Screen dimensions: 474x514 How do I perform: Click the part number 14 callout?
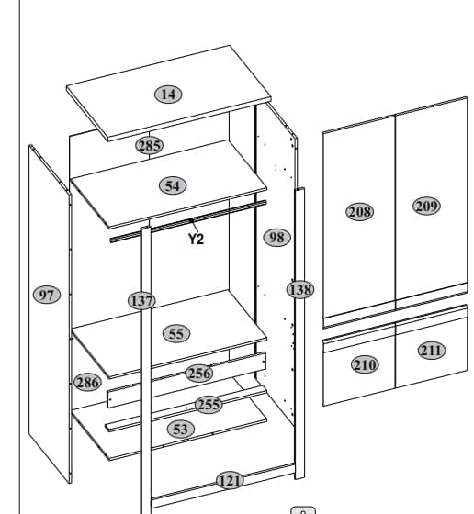(169, 95)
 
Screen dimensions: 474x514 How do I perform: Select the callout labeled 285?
(149, 146)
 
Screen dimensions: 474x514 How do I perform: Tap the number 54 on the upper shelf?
(173, 185)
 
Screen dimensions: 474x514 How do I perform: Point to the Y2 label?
(197, 239)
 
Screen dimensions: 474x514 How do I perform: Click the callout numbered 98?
(276, 238)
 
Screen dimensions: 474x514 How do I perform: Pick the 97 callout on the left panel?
(47, 295)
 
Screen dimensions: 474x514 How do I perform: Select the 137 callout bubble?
(141, 301)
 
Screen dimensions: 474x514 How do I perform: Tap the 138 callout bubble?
(300, 290)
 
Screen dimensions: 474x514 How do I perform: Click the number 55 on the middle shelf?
(176, 334)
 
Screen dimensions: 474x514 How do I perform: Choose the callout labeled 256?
(199, 373)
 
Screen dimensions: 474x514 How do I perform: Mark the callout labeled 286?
(87, 382)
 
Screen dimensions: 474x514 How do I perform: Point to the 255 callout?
(209, 404)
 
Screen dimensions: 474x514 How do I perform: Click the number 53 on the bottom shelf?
(181, 430)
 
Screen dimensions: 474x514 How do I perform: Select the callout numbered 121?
(231, 481)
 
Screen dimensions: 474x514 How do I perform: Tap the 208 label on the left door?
(360, 212)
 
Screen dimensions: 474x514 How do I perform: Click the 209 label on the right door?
(426, 207)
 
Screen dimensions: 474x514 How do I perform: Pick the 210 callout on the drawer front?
(365, 364)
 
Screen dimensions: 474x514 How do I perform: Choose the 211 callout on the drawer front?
(432, 351)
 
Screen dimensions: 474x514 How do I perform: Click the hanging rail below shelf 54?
(188, 221)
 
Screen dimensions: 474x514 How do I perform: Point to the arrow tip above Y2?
(192, 221)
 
